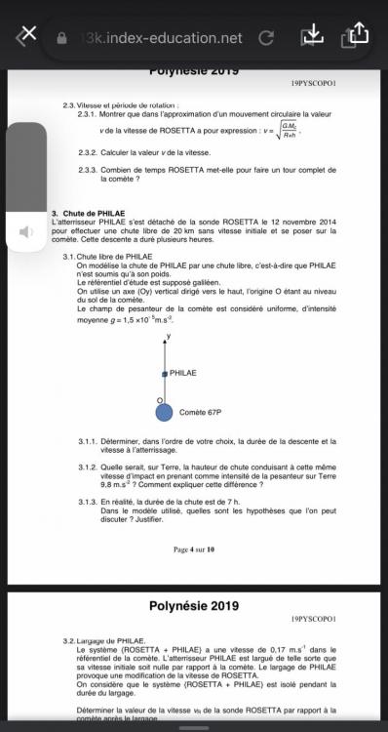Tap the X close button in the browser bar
pyautogui.click(x=27, y=35)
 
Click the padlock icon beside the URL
pyautogui.click(x=63, y=38)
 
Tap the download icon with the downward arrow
pyautogui.click(x=312, y=35)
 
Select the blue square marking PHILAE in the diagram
pyautogui.click(x=165, y=374)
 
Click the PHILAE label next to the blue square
pyautogui.click(x=183, y=373)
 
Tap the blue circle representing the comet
pyautogui.click(x=165, y=414)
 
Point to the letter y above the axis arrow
pyautogui.click(x=168, y=336)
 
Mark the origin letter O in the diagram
pyautogui.click(x=159, y=400)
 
